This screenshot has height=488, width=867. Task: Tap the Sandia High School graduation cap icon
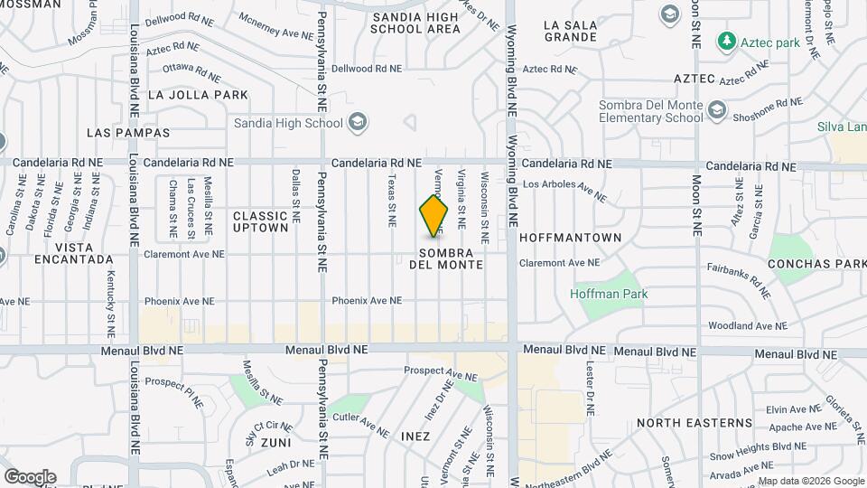click(358, 122)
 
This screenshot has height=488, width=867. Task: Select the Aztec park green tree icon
click(725, 42)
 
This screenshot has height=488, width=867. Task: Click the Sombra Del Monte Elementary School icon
click(717, 110)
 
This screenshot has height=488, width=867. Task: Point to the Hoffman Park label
click(609, 294)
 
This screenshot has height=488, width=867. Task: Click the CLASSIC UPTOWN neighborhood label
click(260, 221)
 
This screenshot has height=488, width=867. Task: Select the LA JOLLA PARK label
click(197, 94)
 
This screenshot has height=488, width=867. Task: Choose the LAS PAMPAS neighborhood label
click(128, 133)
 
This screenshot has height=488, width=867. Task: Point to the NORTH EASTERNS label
click(694, 423)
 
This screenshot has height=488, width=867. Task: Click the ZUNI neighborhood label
click(275, 444)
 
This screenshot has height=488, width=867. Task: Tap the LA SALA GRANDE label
click(570, 32)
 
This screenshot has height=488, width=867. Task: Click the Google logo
click(30, 476)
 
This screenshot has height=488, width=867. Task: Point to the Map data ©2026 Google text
click(810, 481)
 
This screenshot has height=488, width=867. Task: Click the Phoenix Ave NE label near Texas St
click(366, 301)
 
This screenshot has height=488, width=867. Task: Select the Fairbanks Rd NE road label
click(740, 280)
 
